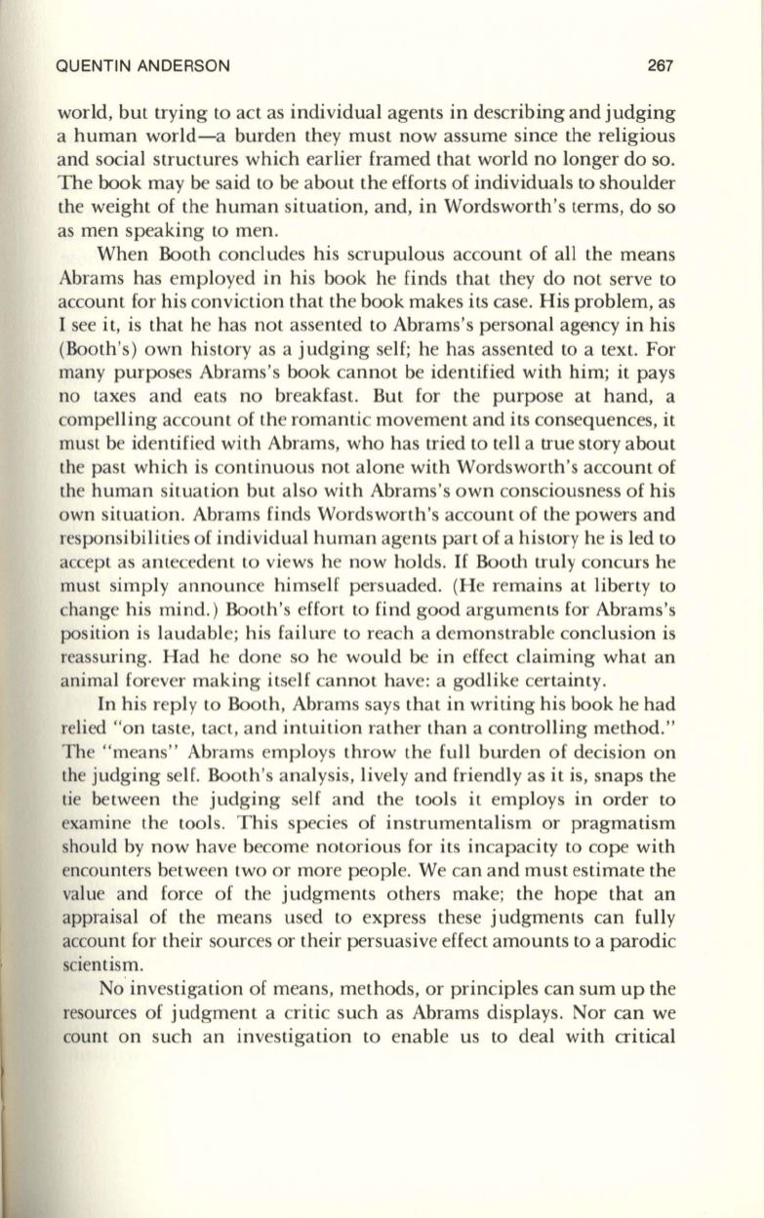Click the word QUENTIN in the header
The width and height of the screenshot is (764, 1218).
click(95, 67)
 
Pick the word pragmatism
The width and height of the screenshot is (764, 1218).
click(630, 840)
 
